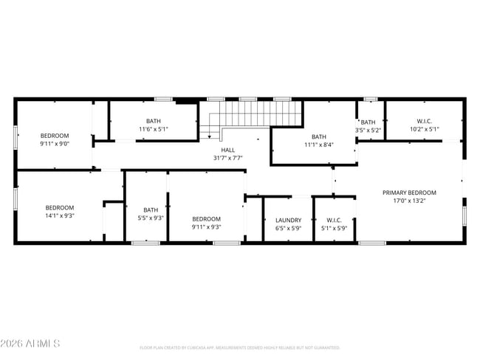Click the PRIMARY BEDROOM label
pos(409,193)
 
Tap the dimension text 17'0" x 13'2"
pos(409,201)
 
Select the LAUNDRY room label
pos(288,220)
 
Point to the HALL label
pos(227,150)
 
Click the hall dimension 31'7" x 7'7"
pos(227,158)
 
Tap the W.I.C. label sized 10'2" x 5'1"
pos(424,122)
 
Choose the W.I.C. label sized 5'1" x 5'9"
pos(334,220)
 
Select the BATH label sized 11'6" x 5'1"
pos(153,122)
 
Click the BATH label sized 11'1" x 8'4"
pos(318,136)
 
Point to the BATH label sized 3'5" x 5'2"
pos(368,122)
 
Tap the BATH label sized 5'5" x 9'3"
pos(151,210)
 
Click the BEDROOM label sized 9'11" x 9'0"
pos(55,136)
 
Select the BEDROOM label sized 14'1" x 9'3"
pos(60,207)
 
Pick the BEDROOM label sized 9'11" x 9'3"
pos(206,219)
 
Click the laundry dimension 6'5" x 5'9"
pos(288,228)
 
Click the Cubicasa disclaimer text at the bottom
pos(239,347)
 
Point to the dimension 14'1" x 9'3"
pos(60,215)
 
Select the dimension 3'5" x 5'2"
pos(368,131)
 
